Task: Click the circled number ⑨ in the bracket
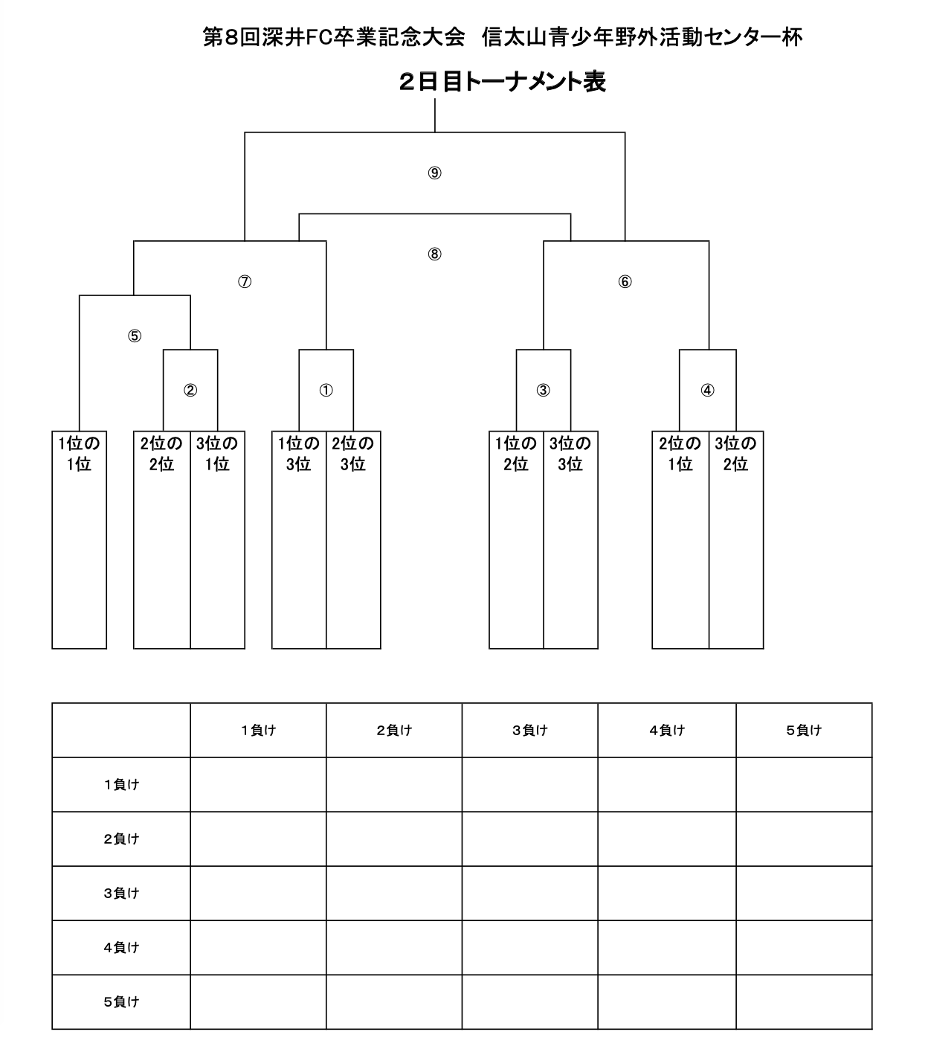434,173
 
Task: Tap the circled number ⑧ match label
434,254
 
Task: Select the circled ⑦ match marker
245,282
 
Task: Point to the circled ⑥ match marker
625,282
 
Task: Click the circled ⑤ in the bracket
135,336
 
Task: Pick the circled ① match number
326,390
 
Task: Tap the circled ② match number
190,390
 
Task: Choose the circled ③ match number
543,390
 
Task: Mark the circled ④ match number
707,390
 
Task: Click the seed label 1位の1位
79,454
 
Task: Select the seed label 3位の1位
217,454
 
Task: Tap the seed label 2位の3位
353,454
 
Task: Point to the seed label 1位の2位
516,454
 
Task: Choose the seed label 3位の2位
735,454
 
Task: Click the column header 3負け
530,730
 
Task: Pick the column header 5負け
804,730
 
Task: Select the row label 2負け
121,839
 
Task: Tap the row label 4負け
121,947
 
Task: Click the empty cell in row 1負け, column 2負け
394,784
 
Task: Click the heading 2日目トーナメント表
502,82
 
